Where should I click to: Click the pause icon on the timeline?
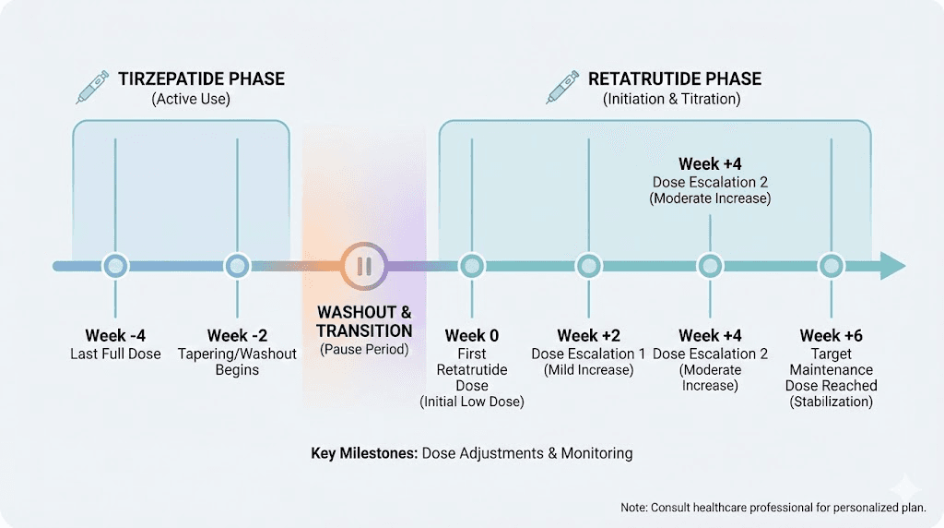tap(364, 266)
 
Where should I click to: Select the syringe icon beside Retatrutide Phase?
tap(562, 88)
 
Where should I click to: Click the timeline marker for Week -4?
tap(115, 266)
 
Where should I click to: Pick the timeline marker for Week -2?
tap(238, 266)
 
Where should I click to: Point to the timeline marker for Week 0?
tap(472, 266)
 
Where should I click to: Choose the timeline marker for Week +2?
tap(589, 266)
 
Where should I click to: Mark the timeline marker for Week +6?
tap(832, 266)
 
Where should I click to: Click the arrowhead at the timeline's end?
tap(892, 266)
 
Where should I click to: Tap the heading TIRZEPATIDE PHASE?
tap(201, 78)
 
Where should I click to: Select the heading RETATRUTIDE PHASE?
tap(675, 78)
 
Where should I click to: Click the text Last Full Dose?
tap(115, 354)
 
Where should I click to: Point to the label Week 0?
tap(472, 336)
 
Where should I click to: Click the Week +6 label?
tap(832, 336)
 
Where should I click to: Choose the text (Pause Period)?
tap(364, 350)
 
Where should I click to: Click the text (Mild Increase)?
tap(589, 370)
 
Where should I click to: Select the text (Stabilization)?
tap(832, 402)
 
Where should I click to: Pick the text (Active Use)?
tap(191, 99)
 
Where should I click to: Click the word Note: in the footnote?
tap(635, 507)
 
